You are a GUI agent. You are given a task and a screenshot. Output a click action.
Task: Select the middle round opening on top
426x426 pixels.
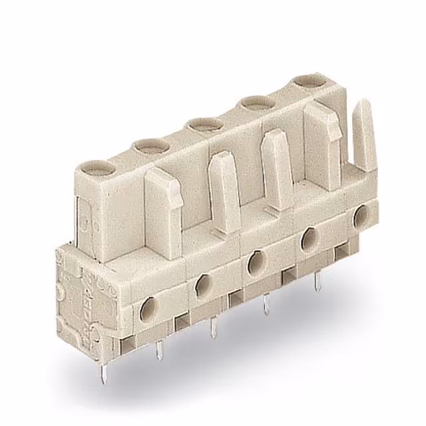[x=204, y=124]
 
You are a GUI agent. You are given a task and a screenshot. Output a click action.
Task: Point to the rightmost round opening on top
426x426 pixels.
[x=308, y=82]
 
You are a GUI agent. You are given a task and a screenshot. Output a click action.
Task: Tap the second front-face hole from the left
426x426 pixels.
[x=204, y=284]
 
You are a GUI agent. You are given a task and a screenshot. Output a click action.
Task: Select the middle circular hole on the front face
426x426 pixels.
[x=256, y=263]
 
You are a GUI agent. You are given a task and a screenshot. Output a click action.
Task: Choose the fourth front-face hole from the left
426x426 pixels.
[x=309, y=240]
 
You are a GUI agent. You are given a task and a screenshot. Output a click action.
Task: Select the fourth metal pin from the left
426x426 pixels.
[x=266, y=304]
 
